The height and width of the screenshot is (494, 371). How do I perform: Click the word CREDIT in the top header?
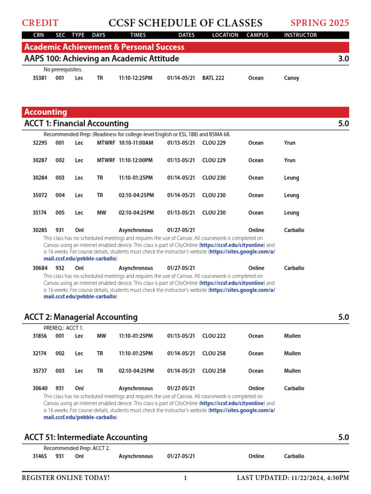click(40, 23)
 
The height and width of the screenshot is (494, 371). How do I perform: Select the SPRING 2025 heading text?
click(319, 23)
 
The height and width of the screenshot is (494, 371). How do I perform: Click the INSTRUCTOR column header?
click(300, 35)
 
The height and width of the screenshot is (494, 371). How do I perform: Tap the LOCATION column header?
click(225, 35)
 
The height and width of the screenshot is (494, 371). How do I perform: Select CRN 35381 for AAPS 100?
click(40, 78)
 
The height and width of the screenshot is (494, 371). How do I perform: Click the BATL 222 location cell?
click(213, 78)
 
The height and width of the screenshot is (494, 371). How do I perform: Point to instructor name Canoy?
click(291, 78)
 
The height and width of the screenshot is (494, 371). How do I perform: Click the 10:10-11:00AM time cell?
click(136, 143)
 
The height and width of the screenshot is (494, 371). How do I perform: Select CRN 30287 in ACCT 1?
click(40, 160)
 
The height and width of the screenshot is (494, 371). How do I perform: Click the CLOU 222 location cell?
click(214, 336)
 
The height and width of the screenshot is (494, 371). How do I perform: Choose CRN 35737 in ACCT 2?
click(40, 371)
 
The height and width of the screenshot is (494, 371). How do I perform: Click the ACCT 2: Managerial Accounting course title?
click(81, 317)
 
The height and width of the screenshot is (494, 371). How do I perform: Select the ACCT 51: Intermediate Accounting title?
click(86, 438)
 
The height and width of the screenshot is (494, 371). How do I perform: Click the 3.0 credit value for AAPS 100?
click(343, 59)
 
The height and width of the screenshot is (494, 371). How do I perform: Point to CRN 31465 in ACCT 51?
click(40, 456)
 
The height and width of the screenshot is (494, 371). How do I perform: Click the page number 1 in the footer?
click(185, 478)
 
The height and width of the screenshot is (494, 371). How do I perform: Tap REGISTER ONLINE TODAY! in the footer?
click(66, 478)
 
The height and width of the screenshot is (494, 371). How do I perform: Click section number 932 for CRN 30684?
click(60, 268)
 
